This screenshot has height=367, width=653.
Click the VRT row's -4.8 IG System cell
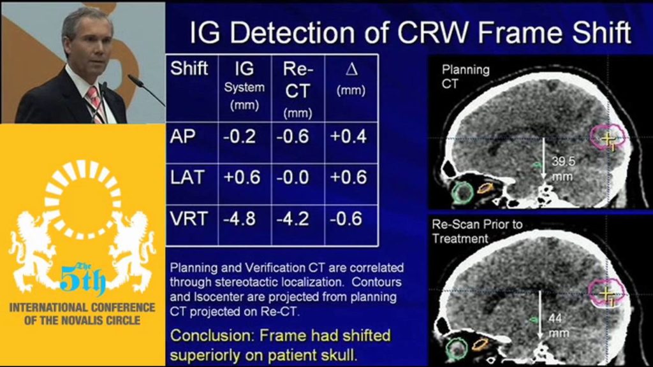(x=240, y=219)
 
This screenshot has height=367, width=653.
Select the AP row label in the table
(x=183, y=136)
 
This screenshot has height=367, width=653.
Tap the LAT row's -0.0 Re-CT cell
(x=293, y=178)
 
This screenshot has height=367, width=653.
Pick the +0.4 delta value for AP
(x=348, y=136)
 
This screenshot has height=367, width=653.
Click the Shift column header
(x=189, y=69)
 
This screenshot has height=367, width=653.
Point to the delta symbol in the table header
(x=351, y=69)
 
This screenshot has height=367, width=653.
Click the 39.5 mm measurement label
(x=563, y=169)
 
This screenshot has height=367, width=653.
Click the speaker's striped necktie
(x=96, y=104)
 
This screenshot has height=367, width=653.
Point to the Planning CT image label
(x=466, y=76)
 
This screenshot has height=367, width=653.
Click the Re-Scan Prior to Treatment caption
(x=477, y=231)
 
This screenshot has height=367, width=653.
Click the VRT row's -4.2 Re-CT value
(x=293, y=219)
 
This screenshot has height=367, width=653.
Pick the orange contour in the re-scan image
(x=480, y=344)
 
